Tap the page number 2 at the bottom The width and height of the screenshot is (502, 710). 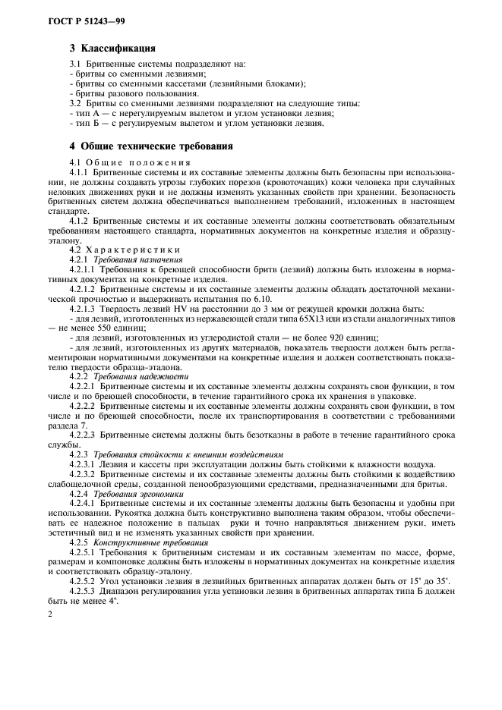(49, 619)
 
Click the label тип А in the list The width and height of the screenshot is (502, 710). (84, 113)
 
